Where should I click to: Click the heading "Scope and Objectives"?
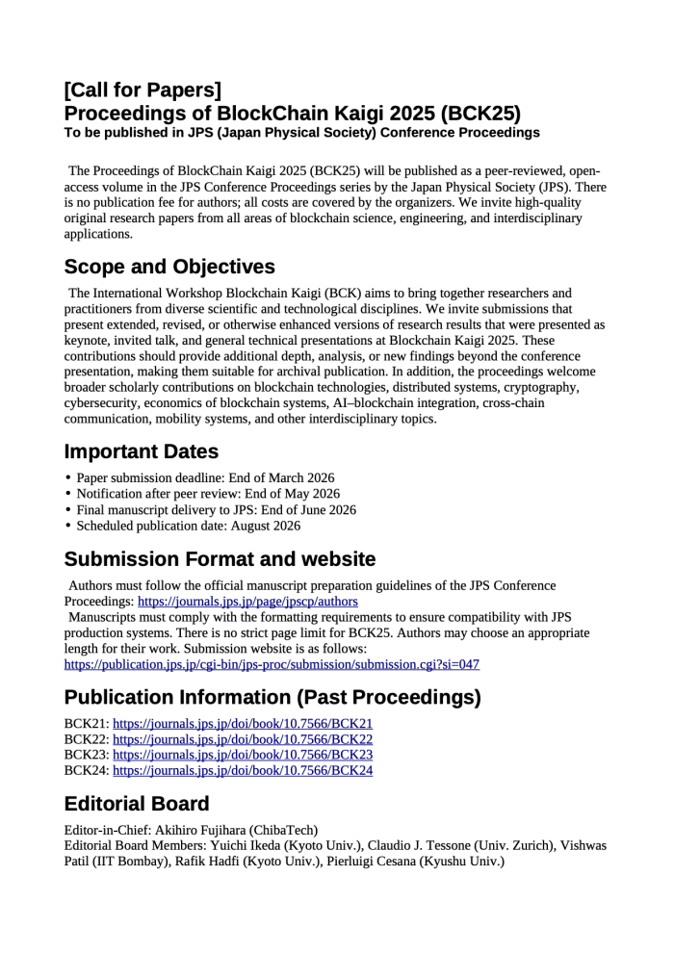coord(169,267)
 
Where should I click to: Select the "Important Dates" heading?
coord(141,451)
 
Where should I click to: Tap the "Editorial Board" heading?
coord(136,804)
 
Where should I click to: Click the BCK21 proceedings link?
coord(243,724)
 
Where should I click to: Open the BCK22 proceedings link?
coord(243,739)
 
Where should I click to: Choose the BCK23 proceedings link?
coord(243,755)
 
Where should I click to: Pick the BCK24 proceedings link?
coord(243,770)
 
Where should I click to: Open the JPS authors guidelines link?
coord(247,601)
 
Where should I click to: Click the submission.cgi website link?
coord(272,664)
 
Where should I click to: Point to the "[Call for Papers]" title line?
coord(143,90)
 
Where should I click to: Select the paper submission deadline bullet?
coord(205,478)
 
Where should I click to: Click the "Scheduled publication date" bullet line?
coord(188,526)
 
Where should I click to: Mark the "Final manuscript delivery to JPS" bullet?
coord(216,510)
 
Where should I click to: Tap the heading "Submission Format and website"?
coord(220,559)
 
